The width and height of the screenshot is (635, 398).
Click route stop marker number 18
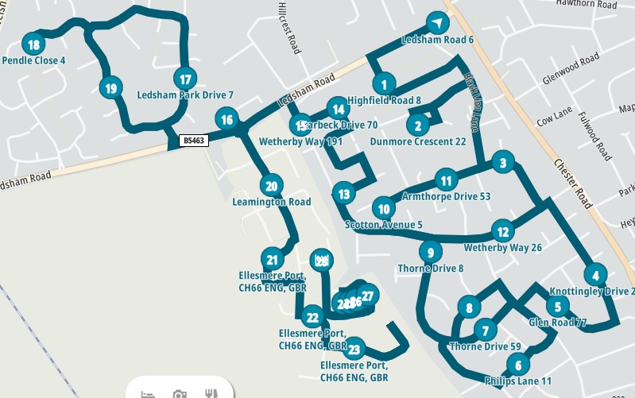pyautogui.click(x=33, y=44)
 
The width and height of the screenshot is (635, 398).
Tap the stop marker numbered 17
pyautogui.click(x=185, y=79)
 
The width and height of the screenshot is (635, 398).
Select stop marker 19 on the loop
pyautogui.click(x=110, y=88)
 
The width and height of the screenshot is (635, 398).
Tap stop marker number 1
pyautogui.click(x=384, y=83)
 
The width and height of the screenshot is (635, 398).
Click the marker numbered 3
pyautogui.click(x=501, y=164)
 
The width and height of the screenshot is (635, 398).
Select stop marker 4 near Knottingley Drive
pyautogui.click(x=594, y=275)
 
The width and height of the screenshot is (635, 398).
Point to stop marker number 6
pyautogui.click(x=517, y=365)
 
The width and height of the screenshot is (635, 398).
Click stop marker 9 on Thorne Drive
pyautogui.click(x=429, y=253)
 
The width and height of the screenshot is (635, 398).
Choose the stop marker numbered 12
pyautogui.click(x=502, y=232)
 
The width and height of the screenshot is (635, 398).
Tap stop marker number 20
pyautogui.click(x=271, y=187)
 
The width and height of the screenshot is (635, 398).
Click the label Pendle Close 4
pyautogui.click(x=33, y=60)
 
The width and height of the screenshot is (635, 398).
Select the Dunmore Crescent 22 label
pyautogui.click(x=417, y=142)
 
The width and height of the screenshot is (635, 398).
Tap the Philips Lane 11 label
pyautogui.click(x=517, y=381)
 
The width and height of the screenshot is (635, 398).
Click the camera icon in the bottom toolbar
pyautogui.click(x=180, y=393)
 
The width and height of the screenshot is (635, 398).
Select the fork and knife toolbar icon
pyautogui.click(x=211, y=393)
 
